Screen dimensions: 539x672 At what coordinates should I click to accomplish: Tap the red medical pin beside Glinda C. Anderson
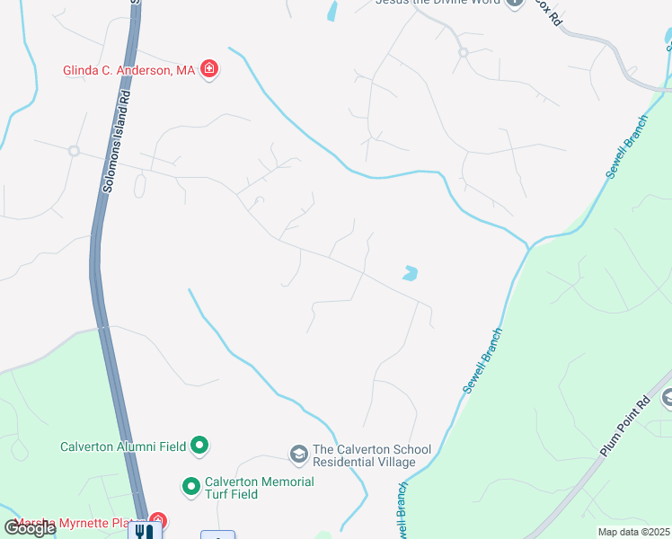209,69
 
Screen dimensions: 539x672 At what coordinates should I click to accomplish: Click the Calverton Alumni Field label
124,446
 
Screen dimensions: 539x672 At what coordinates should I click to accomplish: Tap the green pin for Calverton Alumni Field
200,446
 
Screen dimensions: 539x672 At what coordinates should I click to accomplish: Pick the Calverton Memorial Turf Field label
259,488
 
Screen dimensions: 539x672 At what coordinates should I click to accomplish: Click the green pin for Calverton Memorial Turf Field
190,488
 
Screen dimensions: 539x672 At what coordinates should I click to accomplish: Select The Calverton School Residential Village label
364,455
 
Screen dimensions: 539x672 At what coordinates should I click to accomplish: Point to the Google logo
30,528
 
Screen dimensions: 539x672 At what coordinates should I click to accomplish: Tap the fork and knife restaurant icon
144,530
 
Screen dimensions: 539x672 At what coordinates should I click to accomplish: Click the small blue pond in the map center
411,272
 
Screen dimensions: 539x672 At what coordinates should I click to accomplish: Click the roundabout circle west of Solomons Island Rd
74,150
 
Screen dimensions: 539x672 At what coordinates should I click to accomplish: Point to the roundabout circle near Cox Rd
464,52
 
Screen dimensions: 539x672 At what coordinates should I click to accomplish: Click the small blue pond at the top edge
332,11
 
